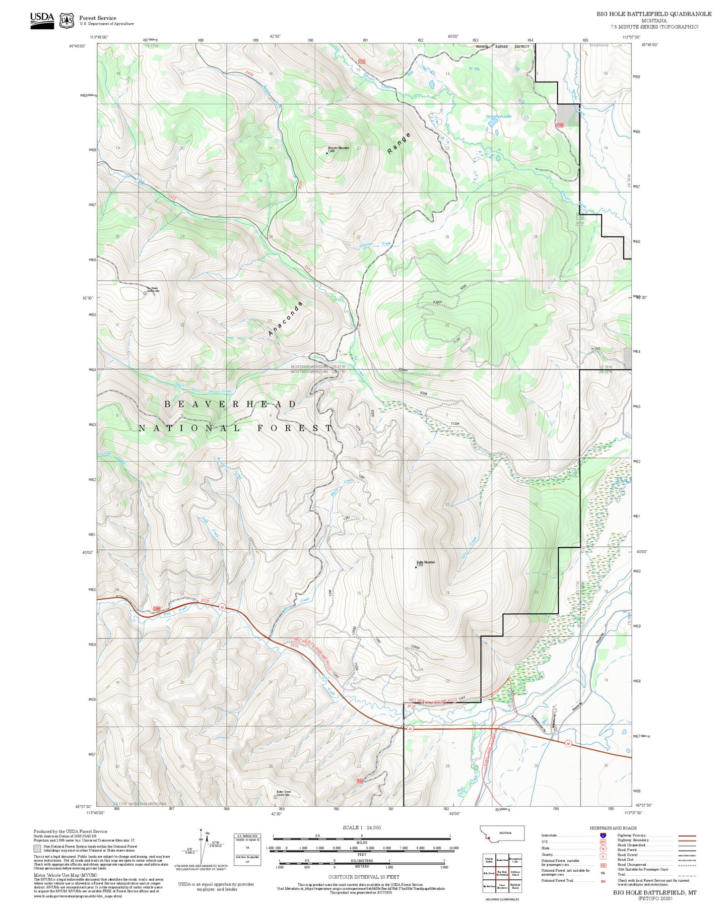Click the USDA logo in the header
click(x=42, y=20)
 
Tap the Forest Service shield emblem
click(x=67, y=21)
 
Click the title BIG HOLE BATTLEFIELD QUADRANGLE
click(x=653, y=14)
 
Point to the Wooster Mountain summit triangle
click(x=327, y=152)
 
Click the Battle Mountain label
click(x=425, y=562)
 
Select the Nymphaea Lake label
click(x=498, y=116)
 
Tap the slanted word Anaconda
click(x=285, y=319)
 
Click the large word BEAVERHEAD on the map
click(x=230, y=404)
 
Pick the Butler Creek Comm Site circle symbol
click(x=275, y=797)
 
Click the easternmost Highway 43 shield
click(x=568, y=743)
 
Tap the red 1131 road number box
click(x=361, y=61)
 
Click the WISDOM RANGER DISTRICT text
click(x=502, y=46)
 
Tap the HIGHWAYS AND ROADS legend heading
click(x=613, y=828)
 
